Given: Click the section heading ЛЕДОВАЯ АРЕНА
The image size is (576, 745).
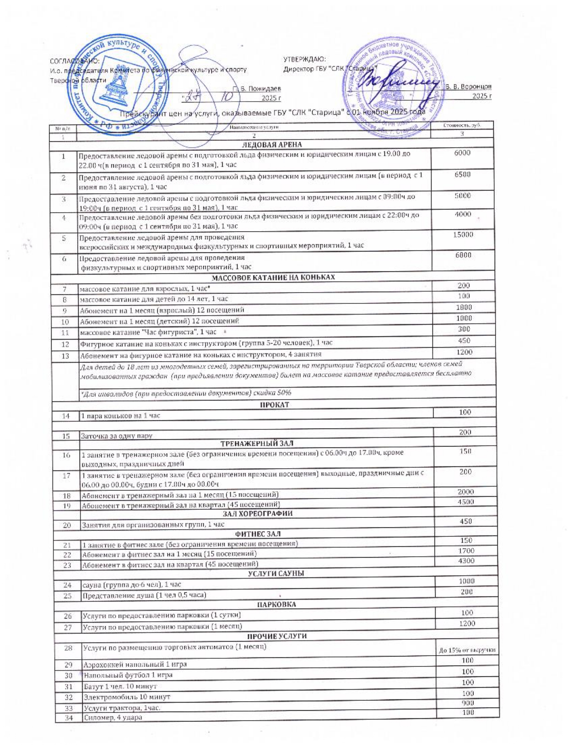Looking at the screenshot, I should (x=272, y=145).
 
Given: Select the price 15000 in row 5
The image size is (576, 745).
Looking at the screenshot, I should (x=463, y=234).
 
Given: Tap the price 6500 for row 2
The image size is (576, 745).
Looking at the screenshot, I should (x=463, y=174).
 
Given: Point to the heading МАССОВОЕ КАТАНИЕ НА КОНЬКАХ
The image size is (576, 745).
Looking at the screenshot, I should (x=273, y=277).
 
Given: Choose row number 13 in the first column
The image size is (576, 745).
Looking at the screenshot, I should (x=65, y=356).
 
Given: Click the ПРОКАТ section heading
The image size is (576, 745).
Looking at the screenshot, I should (x=274, y=405).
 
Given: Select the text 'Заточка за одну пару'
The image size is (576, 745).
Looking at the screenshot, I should (x=117, y=436).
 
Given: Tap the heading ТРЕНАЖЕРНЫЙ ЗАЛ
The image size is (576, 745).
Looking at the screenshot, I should (x=257, y=443).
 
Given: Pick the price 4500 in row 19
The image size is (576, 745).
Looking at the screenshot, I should (x=466, y=502).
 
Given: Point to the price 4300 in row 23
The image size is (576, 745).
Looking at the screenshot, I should (x=466, y=561).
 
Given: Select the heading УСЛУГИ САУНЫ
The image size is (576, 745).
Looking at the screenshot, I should (x=276, y=573).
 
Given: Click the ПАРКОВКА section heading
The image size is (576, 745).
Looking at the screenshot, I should (x=276, y=605).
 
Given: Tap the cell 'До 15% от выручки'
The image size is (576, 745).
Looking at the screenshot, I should (x=467, y=650).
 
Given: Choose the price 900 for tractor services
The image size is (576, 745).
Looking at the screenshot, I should (x=468, y=703).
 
